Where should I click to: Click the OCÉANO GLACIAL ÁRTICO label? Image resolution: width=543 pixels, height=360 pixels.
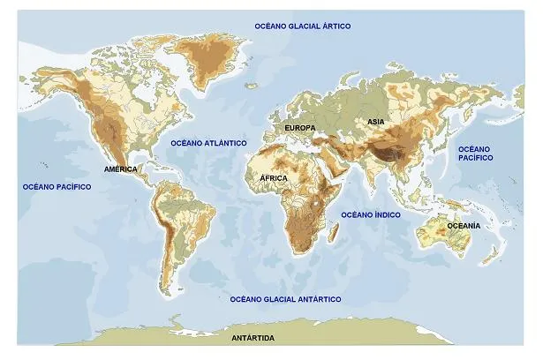[303, 26]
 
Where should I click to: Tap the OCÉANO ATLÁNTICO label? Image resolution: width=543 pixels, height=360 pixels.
[208, 142]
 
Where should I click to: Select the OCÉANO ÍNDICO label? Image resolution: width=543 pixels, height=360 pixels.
[371, 214]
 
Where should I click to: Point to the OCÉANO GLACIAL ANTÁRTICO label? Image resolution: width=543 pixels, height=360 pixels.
[285, 299]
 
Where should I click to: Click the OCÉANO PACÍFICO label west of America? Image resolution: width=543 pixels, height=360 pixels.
[57, 187]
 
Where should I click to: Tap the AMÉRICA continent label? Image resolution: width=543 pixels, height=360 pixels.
[121, 169]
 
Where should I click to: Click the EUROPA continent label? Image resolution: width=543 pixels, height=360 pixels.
[299, 128]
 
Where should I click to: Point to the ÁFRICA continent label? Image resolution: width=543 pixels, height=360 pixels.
[275, 178]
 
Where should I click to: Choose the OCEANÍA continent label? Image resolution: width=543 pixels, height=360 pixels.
[464, 226]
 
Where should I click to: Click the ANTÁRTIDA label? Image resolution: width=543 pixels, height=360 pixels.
[253, 339]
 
